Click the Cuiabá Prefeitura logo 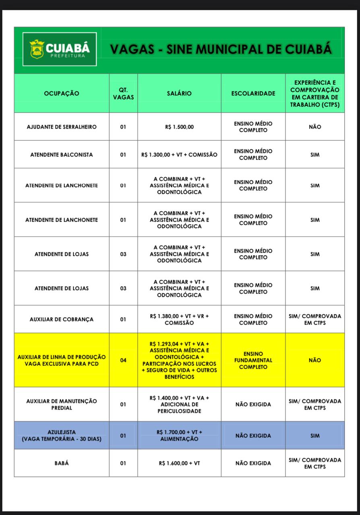coord(59,49)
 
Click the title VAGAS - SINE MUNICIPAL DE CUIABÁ coord(221,49)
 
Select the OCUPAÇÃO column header coord(62,93)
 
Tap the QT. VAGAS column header coord(123,93)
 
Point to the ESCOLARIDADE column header coord(253,93)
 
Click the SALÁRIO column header coord(179,93)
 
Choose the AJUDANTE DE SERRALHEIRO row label coord(62,127)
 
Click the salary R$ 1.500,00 coord(179,127)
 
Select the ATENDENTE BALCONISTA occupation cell coord(62,154)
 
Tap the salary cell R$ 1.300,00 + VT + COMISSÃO coord(179,154)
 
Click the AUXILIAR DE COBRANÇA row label coord(62,319)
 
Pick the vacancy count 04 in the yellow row coord(123,360)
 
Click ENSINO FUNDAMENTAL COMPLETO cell coord(253,360)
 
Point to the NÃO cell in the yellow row coord(315,360)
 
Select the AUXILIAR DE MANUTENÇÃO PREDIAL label coord(62,404)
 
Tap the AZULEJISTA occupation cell coord(62,435)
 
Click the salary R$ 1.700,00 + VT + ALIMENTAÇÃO coord(179,435)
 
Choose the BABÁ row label coord(62,463)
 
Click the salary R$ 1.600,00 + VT coord(179,463)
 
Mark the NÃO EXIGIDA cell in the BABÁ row coord(253,463)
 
